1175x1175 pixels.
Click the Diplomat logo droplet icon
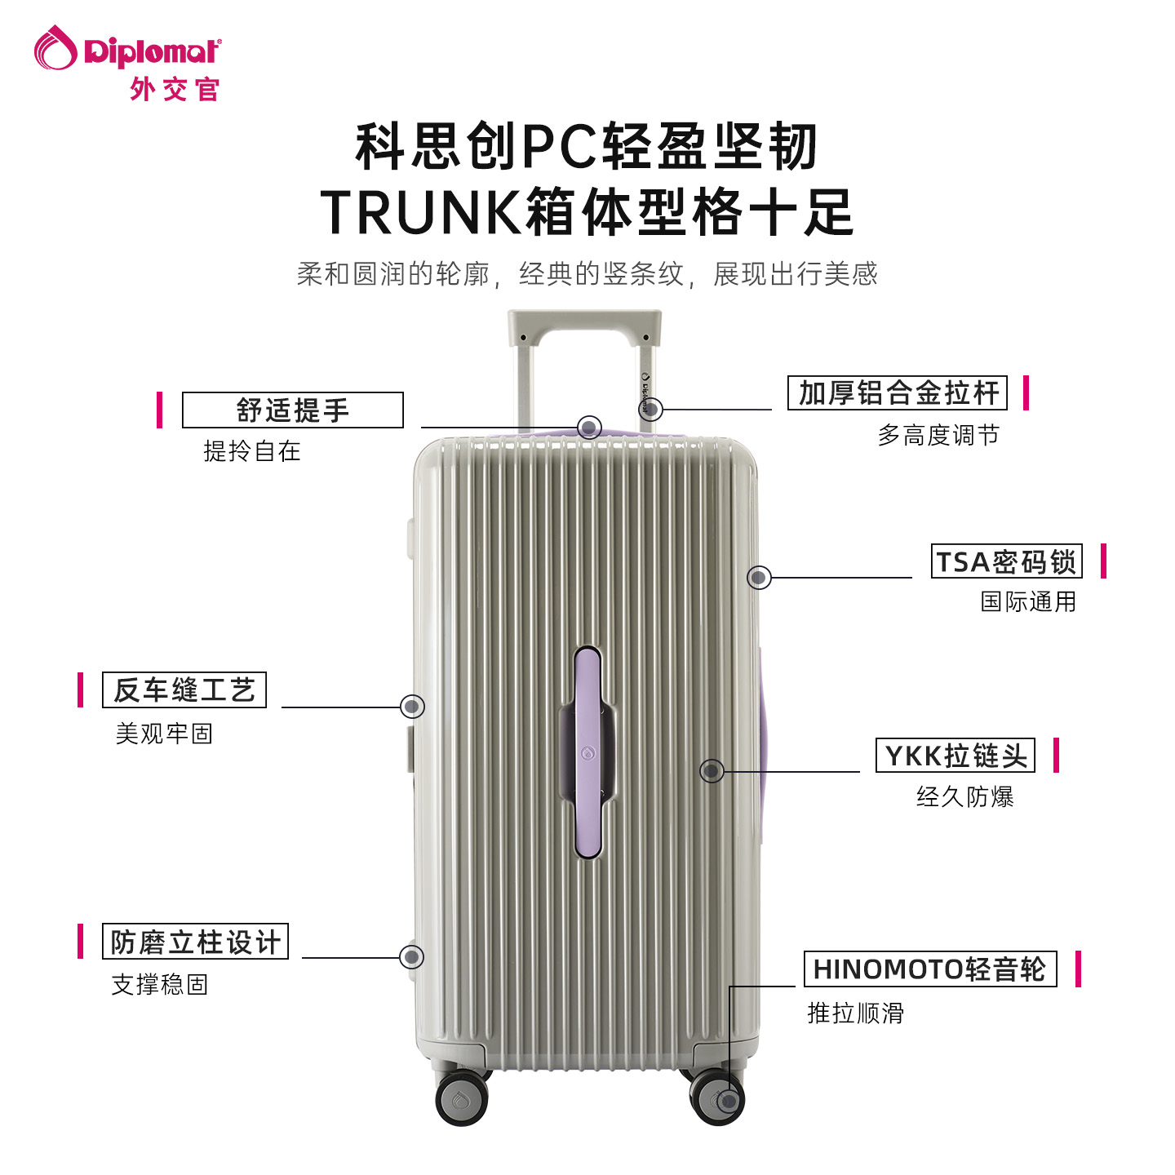[55, 48]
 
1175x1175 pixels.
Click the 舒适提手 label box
[292, 410]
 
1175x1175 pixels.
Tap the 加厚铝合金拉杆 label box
[898, 392]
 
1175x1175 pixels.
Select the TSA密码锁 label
[1006, 561]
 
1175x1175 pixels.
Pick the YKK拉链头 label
[956, 756]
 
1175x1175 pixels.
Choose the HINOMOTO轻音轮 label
[930, 969]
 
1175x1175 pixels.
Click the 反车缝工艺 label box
[184, 690]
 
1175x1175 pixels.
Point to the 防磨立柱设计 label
[195, 942]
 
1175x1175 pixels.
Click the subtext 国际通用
[1028, 602]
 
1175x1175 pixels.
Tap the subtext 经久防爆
[964, 796]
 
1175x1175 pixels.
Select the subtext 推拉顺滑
[856, 1013]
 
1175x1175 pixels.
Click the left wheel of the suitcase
[461, 1099]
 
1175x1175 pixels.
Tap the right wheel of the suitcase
[717, 1099]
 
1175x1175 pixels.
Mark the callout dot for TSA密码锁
[759, 578]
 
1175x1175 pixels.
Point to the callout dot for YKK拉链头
[712, 771]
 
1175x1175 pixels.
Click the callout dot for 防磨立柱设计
[412, 957]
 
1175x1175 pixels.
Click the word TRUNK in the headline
[419, 212]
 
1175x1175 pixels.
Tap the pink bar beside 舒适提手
[160, 410]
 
